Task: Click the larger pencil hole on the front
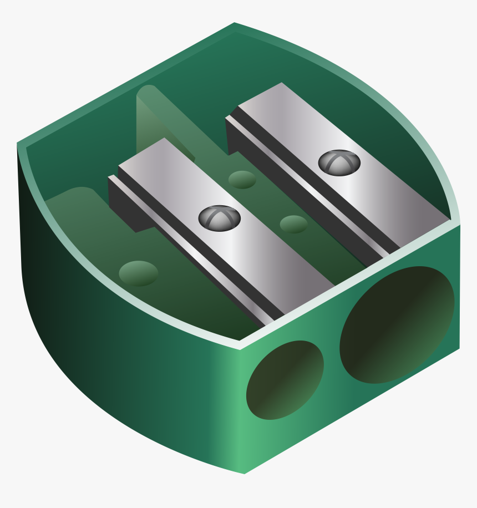[x=397, y=324]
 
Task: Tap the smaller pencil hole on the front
[x=285, y=380]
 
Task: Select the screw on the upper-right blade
[x=339, y=162]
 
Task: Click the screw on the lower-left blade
[x=219, y=217]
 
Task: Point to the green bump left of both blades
[x=138, y=273]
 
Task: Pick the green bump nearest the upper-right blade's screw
[x=293, y=224]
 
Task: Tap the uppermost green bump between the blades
[x=242, y=179]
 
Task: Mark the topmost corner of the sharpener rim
[x=235, y=24]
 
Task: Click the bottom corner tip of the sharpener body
[x=245, y=473]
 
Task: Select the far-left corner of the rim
[x=18, y=144]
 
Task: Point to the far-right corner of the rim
[x=459, y=223]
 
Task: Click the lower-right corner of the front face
[x=459, y=348]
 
